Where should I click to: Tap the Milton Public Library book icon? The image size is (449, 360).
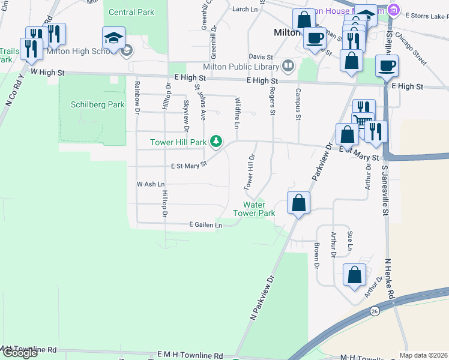click(289, 65)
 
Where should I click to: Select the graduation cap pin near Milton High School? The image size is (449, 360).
click(113, 39)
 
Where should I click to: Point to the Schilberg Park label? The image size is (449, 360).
click(98, 104)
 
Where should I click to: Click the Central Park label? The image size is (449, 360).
click(131, 12)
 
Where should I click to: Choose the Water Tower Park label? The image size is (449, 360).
click(254, 209)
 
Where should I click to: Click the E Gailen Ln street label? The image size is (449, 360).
click(205, 225)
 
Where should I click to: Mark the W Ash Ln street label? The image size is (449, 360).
click(150, 184)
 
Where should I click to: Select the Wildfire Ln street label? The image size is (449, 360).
click(237, 113)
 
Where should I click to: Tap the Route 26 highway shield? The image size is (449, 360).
click(375, 311)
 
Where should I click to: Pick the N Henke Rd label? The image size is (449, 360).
click(390, 279)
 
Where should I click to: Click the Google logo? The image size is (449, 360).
click(20, 352)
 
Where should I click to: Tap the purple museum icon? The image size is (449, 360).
click(394, 10)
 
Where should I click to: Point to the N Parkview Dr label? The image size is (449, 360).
click(261, 296)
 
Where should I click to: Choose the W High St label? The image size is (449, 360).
click(47, 72)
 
